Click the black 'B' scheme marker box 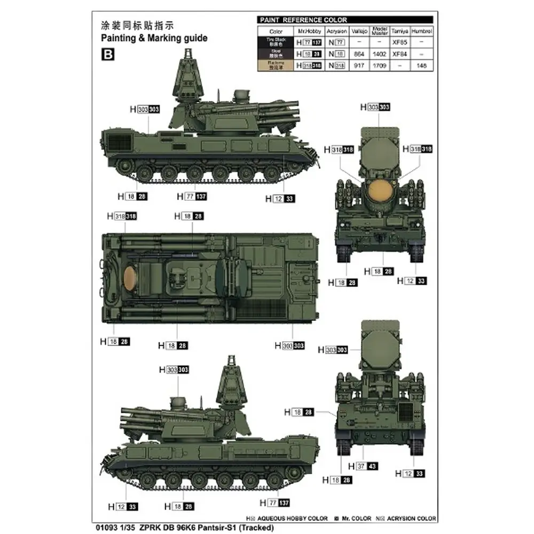106,54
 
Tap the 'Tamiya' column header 399,32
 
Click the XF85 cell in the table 399,43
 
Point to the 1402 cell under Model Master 379,54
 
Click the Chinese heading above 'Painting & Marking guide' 138,25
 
